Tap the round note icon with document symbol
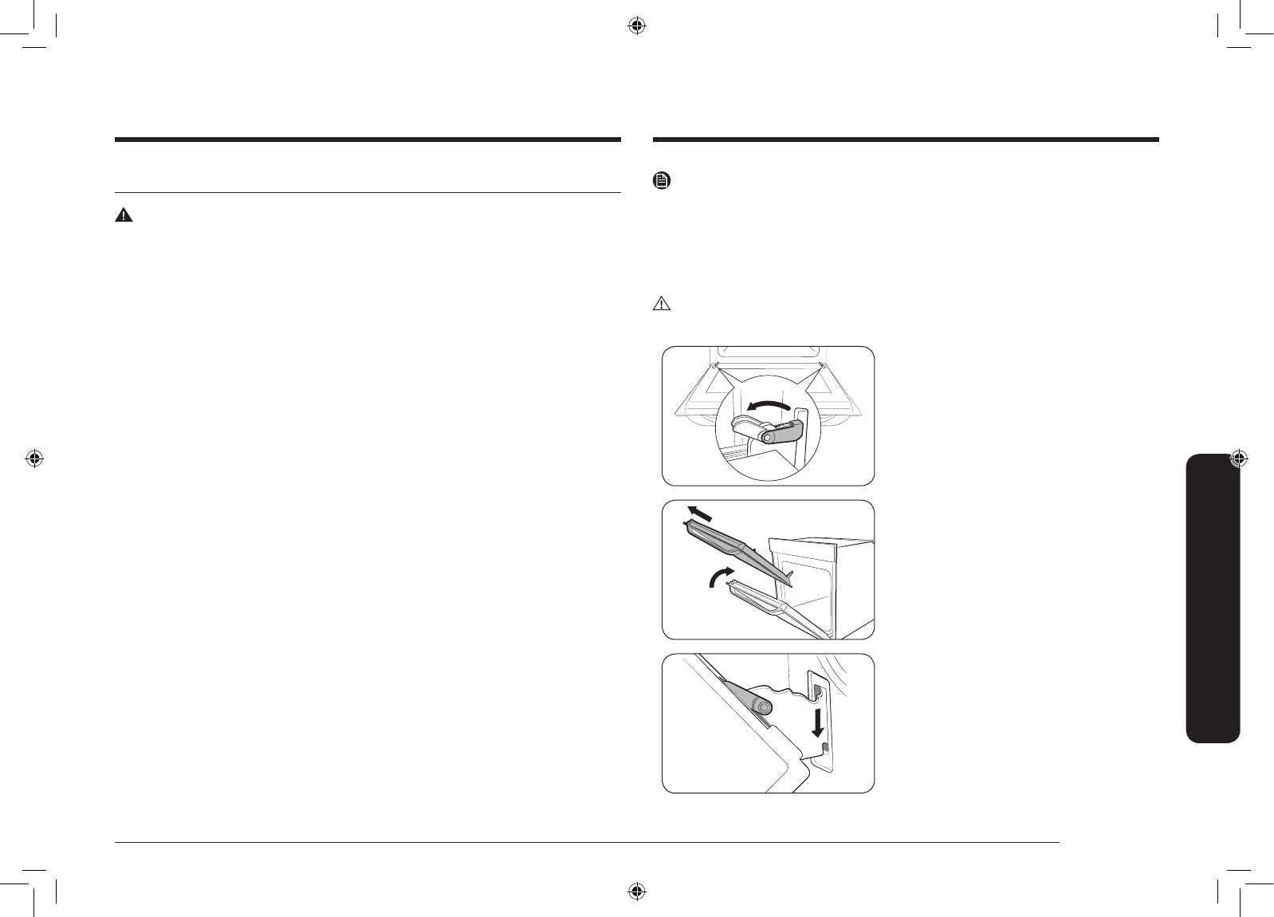(661, 182)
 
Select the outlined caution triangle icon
(662, 304)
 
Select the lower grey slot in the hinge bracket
(824, 746)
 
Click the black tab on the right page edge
(1213, 598)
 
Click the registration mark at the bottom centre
(636, 890)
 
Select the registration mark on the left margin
(33, 458)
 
